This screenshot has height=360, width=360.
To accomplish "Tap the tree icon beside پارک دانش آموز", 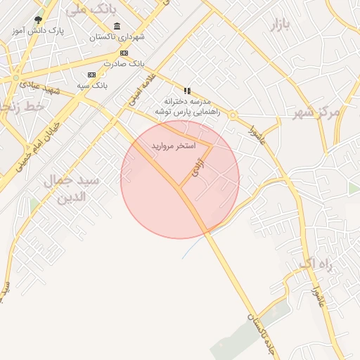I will pyautogui.click(x=38, y=20).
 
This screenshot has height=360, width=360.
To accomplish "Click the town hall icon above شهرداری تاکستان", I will pyautogui.click(x=116, y=27).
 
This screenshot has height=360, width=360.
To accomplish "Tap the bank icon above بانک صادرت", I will pyautogui.click(x=124, y=53).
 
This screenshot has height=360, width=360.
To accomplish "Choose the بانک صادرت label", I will pyautogui.click(x=124, y=63).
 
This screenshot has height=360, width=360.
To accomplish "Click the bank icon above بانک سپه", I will pyautogui.click(x=91, y=75).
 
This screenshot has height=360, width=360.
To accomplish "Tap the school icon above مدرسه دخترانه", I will pyautogui.click(x=187, y=91).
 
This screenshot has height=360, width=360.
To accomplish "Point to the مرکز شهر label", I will pyautogui.click(x=316, y=112).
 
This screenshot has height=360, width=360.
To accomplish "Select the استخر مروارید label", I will pyautogui.click(x=172, y=146).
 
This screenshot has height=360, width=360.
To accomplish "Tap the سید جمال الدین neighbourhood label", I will pyautogui.click(x=72, y=188).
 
